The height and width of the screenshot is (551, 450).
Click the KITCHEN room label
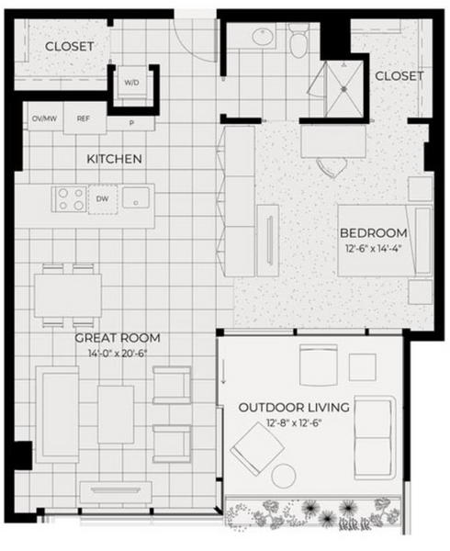click(x=114, y=159)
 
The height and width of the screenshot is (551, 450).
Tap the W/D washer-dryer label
click(x=131, y=83)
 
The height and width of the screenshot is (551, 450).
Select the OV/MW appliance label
click(x=45, y=118)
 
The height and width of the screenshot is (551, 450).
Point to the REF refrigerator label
click(x=84, y=118)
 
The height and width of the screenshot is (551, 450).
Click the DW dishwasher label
click(x=102, y=199)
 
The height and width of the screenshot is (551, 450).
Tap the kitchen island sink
click(x=136, y=197)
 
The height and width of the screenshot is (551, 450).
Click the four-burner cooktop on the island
click(x=70, y=199)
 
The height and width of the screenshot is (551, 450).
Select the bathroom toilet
click(x=299, y=40)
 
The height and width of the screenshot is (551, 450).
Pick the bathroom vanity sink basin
click(x=263, y=37)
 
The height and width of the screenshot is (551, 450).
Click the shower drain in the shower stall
click(x=343, y=89)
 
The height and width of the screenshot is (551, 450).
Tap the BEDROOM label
click(x=374, y=233)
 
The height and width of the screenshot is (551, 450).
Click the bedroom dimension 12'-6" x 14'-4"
click(x=374, y=249)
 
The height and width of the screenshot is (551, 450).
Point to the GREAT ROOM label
click(x=118, y=338)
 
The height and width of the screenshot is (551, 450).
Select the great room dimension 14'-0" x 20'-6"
click(x=118, y=354)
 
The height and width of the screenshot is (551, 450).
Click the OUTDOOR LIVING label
click(x=294, y=408)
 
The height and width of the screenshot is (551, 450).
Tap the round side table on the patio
click(x=284, y=476)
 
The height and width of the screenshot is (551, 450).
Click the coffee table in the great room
click(x=116, y=415)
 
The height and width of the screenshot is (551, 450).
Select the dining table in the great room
click(x=68, y=296)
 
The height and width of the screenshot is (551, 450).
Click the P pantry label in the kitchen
click(x=131, y=123)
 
